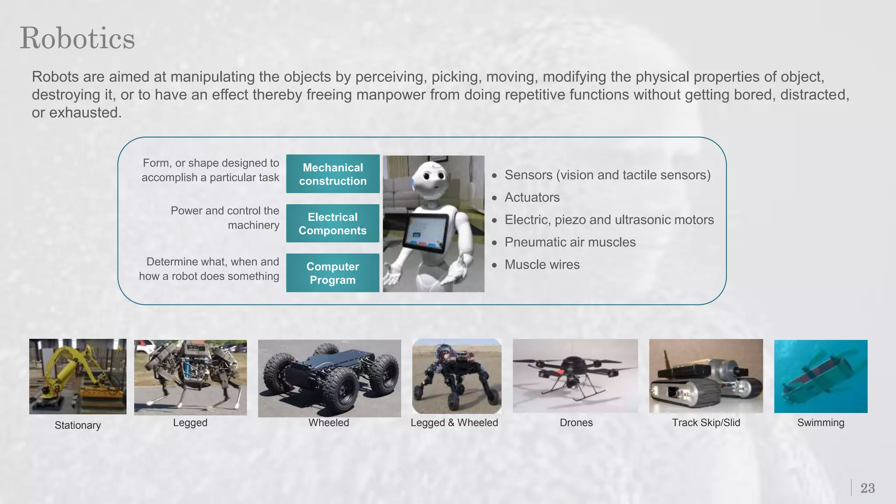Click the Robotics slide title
[x=77, y=38]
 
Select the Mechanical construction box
[x=332, y=174]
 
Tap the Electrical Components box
[x=332, y=224]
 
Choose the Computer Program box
[x=332, y=273]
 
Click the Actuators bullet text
[x=532, y=197]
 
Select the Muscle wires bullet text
[x=542, y=265]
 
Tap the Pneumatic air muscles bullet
[x=570, y=242]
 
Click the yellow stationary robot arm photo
[x=77, y=376]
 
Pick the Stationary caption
[x=77, y=425]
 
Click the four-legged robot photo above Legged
[x=190, y=377]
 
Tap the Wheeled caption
[x=329, y=423]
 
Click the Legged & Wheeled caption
[x=454, y=423]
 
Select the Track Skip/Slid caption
[x=706, y=423]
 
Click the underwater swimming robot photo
[x=820, y=376]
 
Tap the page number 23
[x=868, y=488]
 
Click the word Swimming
[x=820, y=423]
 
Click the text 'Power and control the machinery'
[x=224, y=218]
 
